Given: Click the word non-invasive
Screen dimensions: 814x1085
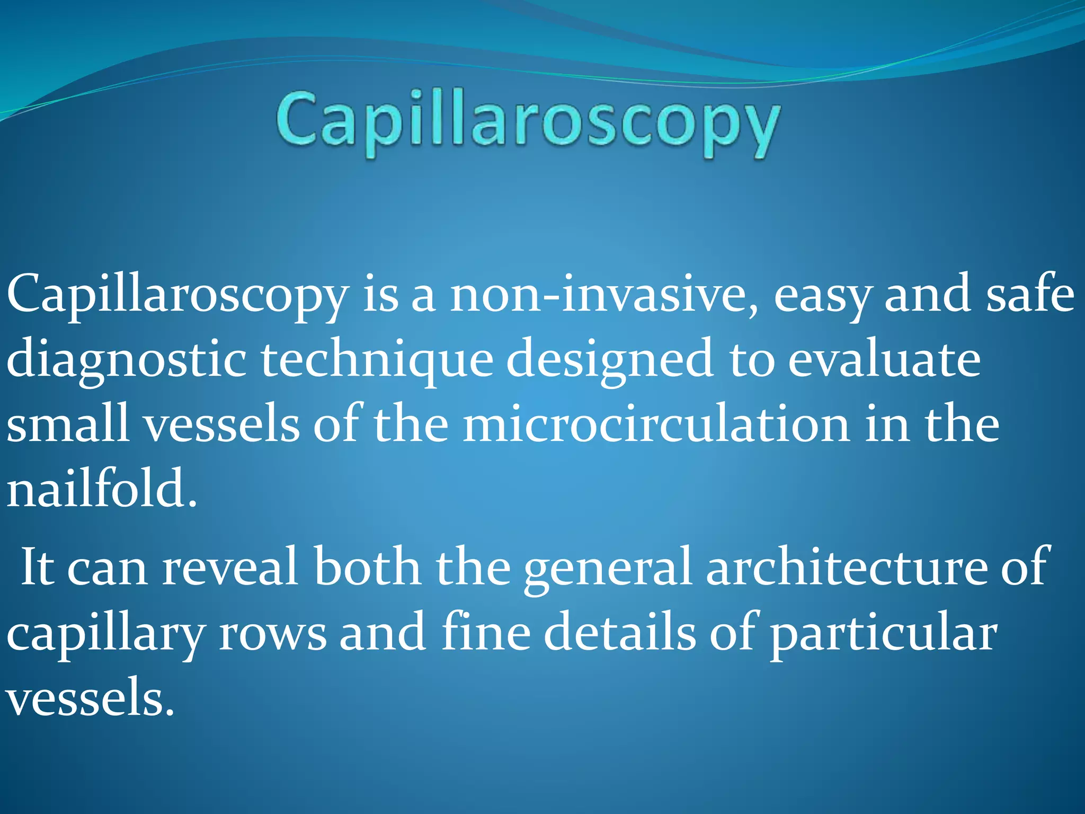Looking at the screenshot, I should point(604,295).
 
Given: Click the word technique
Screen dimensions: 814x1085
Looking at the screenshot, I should point(377,360).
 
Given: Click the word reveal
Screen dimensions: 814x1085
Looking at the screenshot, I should point(229,568).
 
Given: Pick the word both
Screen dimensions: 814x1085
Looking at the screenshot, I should point(367,567).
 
